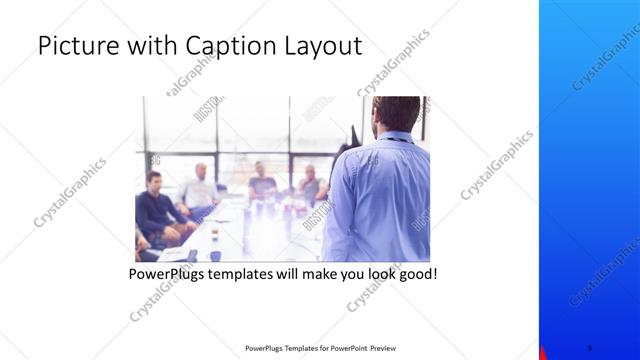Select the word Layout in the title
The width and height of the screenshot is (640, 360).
pyautogui.click(x=322, y=47)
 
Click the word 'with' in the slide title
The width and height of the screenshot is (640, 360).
pyautogui.click(x=148, y=47)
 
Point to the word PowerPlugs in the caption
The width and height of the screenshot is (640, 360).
pyautogui.click(x=167, y=273)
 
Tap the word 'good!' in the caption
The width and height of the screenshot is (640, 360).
pyautogui.click(x=415, y=273)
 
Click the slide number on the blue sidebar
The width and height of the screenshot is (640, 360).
pyautogui.click(x=589, y=347)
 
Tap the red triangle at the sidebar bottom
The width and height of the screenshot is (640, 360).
pyautogui.click(x=543, y=353)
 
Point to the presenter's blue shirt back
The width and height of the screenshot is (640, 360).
pyautogui.click(x=380, y=200)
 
